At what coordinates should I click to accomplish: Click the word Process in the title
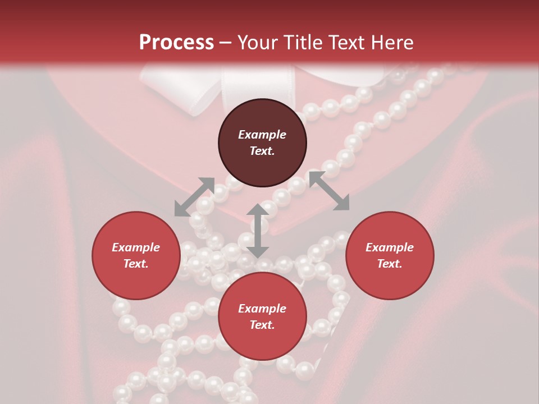click(x=176, y=43)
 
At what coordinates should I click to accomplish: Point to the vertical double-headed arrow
click(x=258, y=231)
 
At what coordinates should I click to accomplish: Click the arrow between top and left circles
click(x=194, y=197)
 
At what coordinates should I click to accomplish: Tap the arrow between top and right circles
click(x=329, y=191)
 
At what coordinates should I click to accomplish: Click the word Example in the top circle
click(x=262, y=135)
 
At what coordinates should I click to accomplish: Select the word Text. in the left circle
click(x=136, y=264)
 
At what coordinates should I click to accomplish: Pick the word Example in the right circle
click(x=390, y=247)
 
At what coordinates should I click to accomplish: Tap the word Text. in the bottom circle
click(x=262, y=325)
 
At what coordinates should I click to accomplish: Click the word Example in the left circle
click(x=136, y=247)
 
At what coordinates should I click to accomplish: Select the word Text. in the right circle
click(x=390, y=264)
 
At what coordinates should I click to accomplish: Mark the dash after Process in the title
click(x=226, y=43)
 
